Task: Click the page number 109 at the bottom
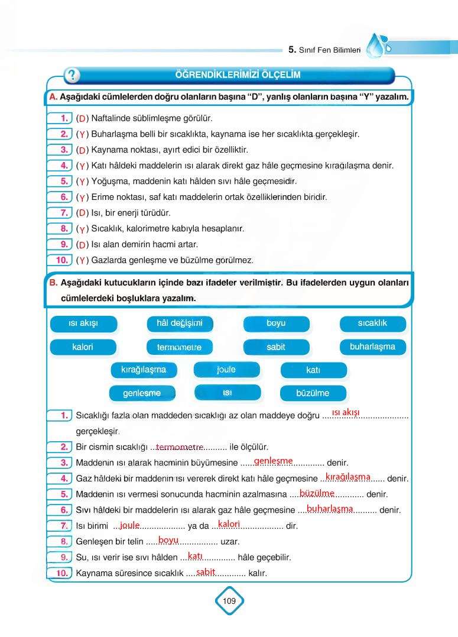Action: click(x=229, y=601)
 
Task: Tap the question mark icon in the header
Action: click(x=72, y=75)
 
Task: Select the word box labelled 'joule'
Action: click(x=226, y=370)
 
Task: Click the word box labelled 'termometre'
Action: click(x=179, y=347)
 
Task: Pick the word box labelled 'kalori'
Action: click(x=83, y=347)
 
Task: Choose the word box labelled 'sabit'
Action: click(x=276, y=347)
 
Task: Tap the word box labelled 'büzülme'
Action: click(x=313, y=393)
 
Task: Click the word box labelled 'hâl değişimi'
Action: click(x=179, y=324)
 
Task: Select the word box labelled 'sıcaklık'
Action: click(x=372, y=324)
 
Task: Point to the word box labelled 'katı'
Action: click(x=313, y=370)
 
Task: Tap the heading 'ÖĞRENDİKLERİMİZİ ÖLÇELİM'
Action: click(x=238, y=75)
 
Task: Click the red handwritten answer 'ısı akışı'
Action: click(x=346, y=412)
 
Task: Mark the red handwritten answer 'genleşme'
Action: click(x=274, y=461)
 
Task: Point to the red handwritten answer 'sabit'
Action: click(x=206, y=571)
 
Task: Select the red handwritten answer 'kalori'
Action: click(x=229, y=523)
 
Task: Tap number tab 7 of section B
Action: click(x=62, y=525)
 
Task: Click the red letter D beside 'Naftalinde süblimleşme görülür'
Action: click(x=83, y=119)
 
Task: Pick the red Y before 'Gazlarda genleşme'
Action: click(x=83, y=260)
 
